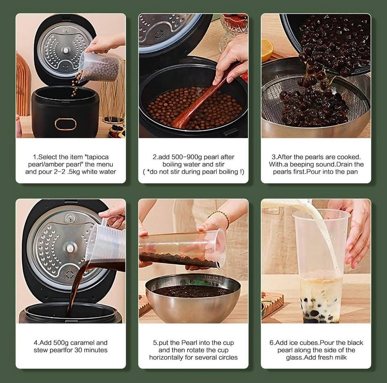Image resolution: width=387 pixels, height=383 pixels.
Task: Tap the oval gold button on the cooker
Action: (x=65, y=124)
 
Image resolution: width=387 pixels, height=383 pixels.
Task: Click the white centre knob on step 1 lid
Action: (x=66, y=50)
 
